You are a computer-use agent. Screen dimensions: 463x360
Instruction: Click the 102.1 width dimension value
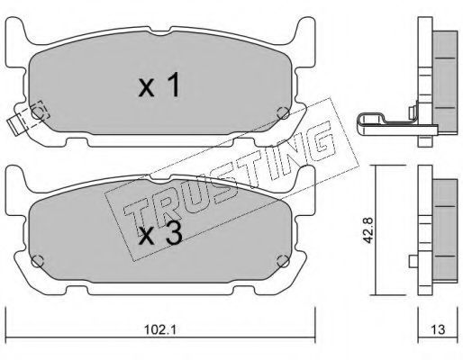tap(159, 330)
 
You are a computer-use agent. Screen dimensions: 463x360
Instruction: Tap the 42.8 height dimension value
tap(368, 229)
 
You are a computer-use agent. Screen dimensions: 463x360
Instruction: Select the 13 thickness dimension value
tap(439, 329)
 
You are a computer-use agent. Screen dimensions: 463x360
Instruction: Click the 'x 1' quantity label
tap(159, 85)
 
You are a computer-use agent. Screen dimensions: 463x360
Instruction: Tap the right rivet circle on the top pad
tap(283, 112)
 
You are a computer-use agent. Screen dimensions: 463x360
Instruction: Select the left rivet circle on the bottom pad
tap(38, 261)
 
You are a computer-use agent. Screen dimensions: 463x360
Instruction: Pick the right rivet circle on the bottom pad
tap(283, 261)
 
